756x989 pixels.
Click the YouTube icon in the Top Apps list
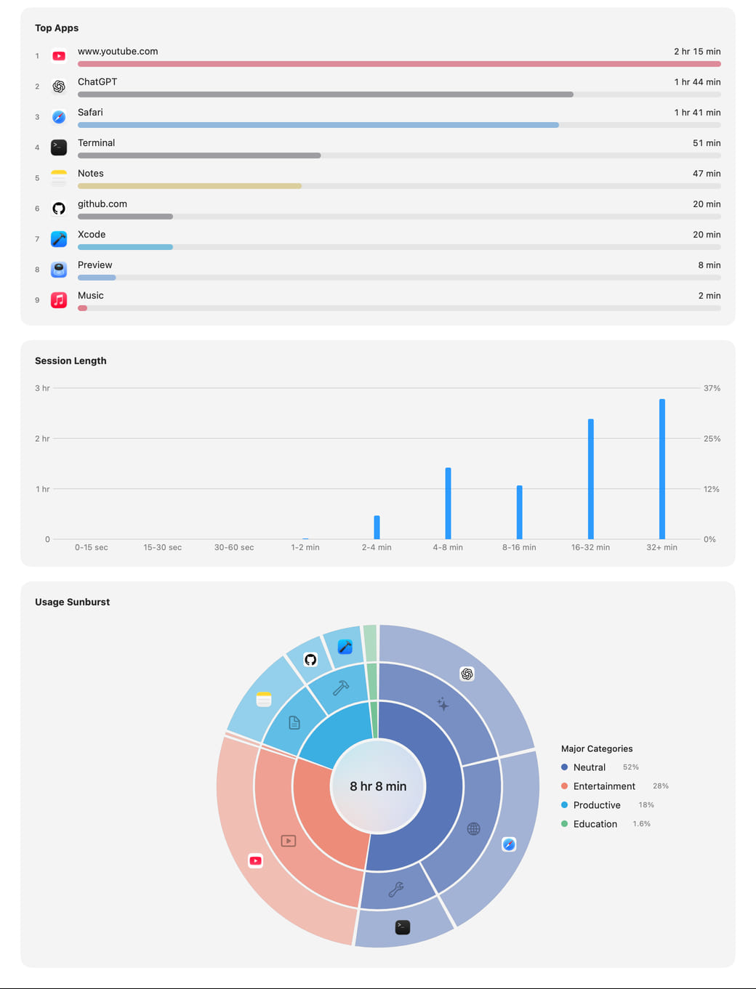(59, 56)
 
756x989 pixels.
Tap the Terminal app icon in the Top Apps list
(59, 148)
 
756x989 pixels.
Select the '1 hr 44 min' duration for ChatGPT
(697, 82)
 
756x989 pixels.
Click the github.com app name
(102, 203)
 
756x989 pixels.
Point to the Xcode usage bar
(125, 247)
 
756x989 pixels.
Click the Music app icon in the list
(59, 300)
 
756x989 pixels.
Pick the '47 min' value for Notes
(707, 174)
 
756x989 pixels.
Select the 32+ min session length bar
(661, 469)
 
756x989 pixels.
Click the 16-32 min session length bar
(591, 479)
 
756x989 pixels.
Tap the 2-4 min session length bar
(377, 527)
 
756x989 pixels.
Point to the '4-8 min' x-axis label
(448, 547)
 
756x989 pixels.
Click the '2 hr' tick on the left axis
(42, 438)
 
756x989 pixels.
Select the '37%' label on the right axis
(712, 388)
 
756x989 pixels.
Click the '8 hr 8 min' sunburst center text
(378, 786)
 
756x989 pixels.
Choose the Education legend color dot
(564, 823)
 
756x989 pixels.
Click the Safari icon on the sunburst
(509, 844)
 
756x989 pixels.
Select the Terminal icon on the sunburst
(402, 927)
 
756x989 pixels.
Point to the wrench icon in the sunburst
(396, 889)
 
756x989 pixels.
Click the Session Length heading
(71, 361)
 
